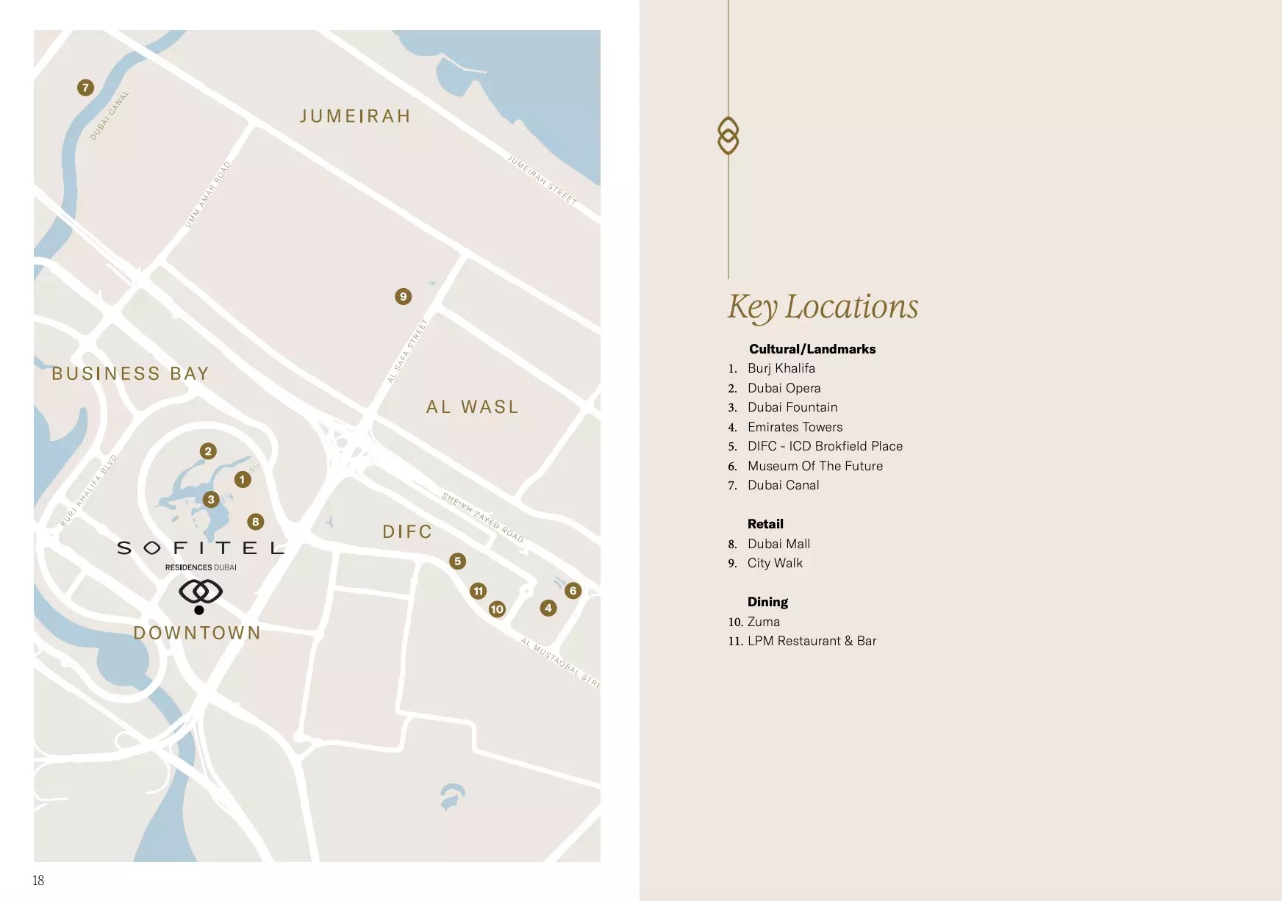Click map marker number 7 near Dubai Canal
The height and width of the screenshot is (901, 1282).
pyautogui.click(x=85, y=87)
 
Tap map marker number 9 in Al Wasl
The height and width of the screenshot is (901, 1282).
pyautogui.click(x=403, y=296)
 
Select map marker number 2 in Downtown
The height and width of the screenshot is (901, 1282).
pyautogui.click(x=208, y=451)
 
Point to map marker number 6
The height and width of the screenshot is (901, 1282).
pyautogui.click(x=573, y=590)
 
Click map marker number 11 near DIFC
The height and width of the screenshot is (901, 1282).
pyautogui.click(x=479, y=591)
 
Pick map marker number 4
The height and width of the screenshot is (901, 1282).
pyautogui.click(x=548, y=608)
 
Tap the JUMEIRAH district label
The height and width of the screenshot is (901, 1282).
pyautogui.click(x=355, y=116)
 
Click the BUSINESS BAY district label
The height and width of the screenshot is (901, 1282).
pyautogui.click(x=130, y=373)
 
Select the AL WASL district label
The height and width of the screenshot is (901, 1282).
pyautogui.click(x=473, y=406)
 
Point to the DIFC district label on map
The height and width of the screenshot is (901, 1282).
pyautogui.click(x=407, y=531)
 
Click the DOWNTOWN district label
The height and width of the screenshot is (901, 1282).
pyautogui.click(x=197, y=633)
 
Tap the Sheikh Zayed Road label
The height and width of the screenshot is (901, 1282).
pyautogui.click(x=482, y=517)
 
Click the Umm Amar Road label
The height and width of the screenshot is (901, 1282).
pyautogui.click(x=208, y=195)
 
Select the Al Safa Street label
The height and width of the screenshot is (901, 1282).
pyautogui.click(x=407, y=351)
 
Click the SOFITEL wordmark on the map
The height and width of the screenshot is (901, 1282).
pyautogui.click(x=200, y=548)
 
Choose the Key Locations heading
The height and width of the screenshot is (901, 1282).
pyautogui.click(x=823, y=306)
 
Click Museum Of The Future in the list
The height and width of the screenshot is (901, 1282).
pyautogui.click(x=814, y=466)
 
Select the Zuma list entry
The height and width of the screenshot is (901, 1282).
pyautogui.click(x=763, y=622)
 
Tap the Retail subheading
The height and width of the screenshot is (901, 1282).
pyautogui.click(x=765, y=524)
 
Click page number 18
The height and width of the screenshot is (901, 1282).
pyautogui.click(x=38, y=880)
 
